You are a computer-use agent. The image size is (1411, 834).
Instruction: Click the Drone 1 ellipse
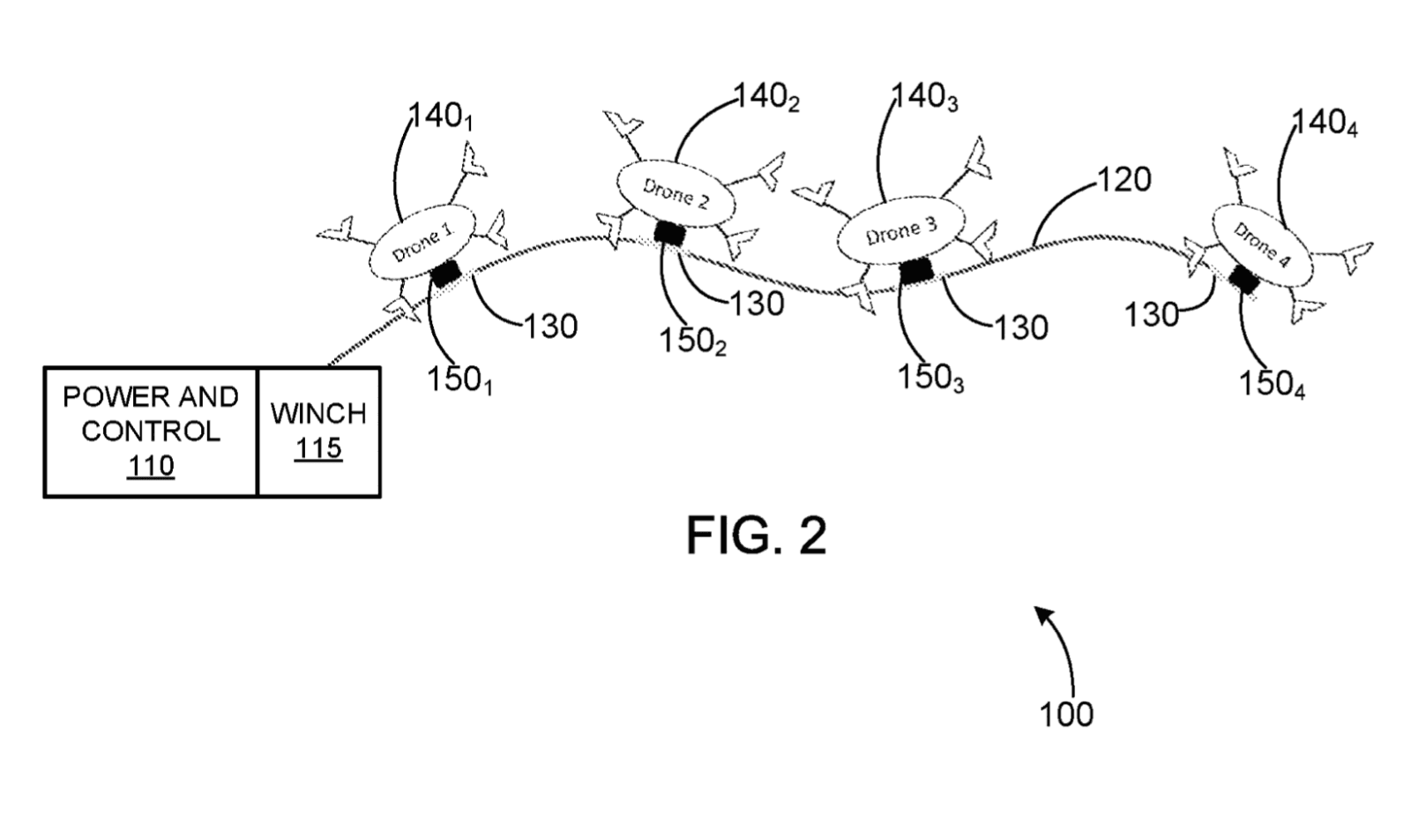click(x=421, y=244)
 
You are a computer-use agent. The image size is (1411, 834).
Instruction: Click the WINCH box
click(x=318, y=432)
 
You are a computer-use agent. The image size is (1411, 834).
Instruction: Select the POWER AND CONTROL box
click(x=151, y=432)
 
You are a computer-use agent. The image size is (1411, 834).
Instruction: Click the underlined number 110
click(x=151, y=466)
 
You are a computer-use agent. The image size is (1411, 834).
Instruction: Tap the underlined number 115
click(x=318, y=448)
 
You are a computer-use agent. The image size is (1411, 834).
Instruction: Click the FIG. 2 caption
click(x=757, y=536)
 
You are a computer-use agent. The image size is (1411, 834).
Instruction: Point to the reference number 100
click(x=1066, y=714)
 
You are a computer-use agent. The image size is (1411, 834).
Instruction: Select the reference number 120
click(x=1124, y=180)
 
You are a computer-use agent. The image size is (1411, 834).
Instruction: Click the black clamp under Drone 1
click(x=445, y=274)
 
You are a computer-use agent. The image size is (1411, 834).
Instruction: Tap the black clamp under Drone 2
click(x=669, y=233)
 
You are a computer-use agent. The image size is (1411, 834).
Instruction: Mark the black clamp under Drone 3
click(x=915, y=271)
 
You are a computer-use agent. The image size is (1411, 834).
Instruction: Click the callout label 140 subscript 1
click(x=441, y=116)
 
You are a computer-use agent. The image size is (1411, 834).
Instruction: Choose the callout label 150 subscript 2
click(x=693, y=342)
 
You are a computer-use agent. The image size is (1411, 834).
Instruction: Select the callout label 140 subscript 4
click(x=1325, y=124)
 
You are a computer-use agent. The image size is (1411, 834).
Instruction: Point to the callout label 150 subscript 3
click(x=931, y=379)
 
